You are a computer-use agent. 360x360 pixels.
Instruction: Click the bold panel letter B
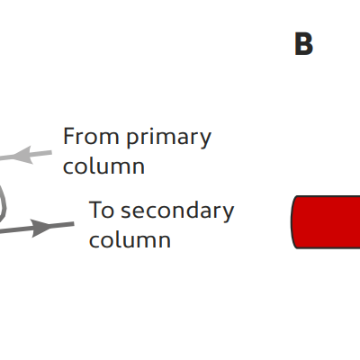coord(303,44)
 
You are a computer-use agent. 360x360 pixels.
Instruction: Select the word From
coord(91,137)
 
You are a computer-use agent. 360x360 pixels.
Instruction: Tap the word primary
coord(168,139)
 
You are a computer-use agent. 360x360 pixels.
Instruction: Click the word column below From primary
coord(103,166)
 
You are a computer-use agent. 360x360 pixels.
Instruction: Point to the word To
coord(102,210)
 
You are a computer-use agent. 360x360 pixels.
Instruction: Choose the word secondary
coord(177,211)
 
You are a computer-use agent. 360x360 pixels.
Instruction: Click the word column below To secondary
coord(130,239)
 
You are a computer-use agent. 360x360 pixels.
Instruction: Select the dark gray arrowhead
coord(42,228)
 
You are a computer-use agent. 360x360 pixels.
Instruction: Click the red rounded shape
coord(326,222)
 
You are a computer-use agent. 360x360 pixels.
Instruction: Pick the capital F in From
coord(68,137)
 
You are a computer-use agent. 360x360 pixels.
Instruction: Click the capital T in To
coord(94,210)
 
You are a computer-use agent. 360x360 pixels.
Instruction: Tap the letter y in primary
coord(205,140)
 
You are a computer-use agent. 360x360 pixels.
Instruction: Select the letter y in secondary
coord(227,214)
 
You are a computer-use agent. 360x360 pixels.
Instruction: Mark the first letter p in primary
coord(132,140)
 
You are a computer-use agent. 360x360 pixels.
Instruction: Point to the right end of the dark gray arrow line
coord(74,224)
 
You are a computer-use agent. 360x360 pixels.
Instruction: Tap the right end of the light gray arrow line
coord(51,153)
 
